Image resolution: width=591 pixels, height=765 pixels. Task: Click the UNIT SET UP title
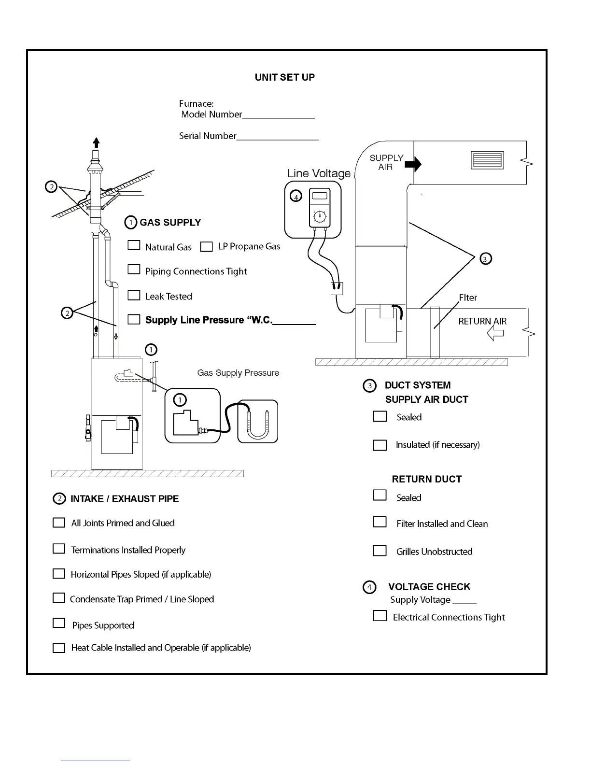click(284, 77)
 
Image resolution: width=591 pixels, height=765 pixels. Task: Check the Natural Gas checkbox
click(134, 245)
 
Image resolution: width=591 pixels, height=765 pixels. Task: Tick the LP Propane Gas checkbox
click(206, 247)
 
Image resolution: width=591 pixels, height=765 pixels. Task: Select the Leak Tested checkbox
click(134, 295)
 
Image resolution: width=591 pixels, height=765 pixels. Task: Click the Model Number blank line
click(279, 117)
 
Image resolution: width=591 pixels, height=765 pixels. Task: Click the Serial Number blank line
click(278, 139)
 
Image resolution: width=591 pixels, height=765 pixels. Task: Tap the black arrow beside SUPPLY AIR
click(413, 164)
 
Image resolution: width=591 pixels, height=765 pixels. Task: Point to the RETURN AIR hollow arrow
click(495, 333)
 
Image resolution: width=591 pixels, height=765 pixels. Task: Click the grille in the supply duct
click(487, 160)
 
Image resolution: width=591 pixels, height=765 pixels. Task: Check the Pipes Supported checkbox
click(59, 623)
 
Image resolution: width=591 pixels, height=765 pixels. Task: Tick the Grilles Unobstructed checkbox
click(380, 551)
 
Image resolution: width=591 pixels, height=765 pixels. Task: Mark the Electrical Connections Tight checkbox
click(380, 616)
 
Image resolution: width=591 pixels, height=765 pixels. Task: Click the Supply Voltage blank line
click(464, 603)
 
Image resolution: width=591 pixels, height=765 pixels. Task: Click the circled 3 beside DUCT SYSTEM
click(369, 385)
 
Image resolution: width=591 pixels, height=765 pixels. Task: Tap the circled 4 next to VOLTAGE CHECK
click(369, 587)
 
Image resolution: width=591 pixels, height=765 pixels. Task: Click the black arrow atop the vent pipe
click(97, 142)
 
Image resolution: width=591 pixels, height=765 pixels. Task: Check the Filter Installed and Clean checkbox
click(380, 522)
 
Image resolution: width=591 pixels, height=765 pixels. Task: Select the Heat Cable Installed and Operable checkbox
click(59, 648)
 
